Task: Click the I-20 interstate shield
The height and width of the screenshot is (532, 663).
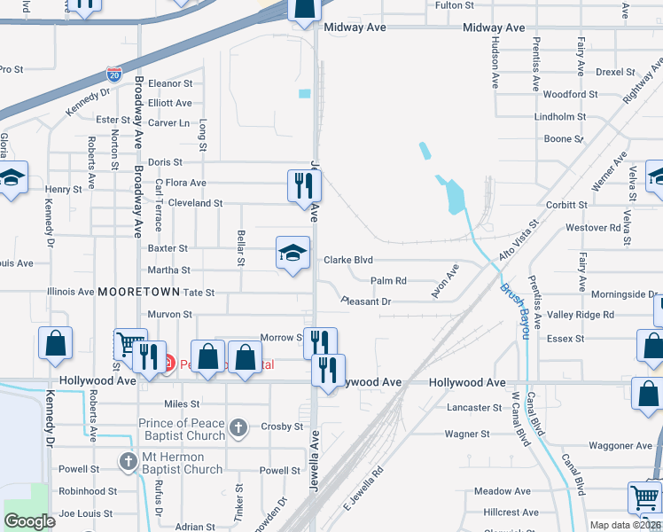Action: point(113,74)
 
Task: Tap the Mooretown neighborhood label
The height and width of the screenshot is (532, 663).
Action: point(139,292)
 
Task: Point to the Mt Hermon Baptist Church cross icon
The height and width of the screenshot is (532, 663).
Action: point(128,462)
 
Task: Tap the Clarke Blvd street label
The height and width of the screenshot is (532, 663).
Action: point(348,261)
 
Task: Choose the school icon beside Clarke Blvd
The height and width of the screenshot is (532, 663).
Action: point(293,254)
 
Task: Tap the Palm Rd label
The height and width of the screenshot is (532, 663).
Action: point(388,281)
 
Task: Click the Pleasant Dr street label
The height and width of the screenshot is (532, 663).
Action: point(366,302)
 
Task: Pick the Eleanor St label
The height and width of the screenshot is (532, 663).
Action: point(170,83)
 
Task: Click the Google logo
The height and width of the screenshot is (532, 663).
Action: point(30,520)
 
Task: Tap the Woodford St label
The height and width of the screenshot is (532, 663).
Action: point(570,94)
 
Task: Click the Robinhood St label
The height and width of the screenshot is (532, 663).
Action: point(88,491)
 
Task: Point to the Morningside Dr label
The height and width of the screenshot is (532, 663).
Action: point(623,293)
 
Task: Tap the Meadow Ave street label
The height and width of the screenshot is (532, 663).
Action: point(502,491)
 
